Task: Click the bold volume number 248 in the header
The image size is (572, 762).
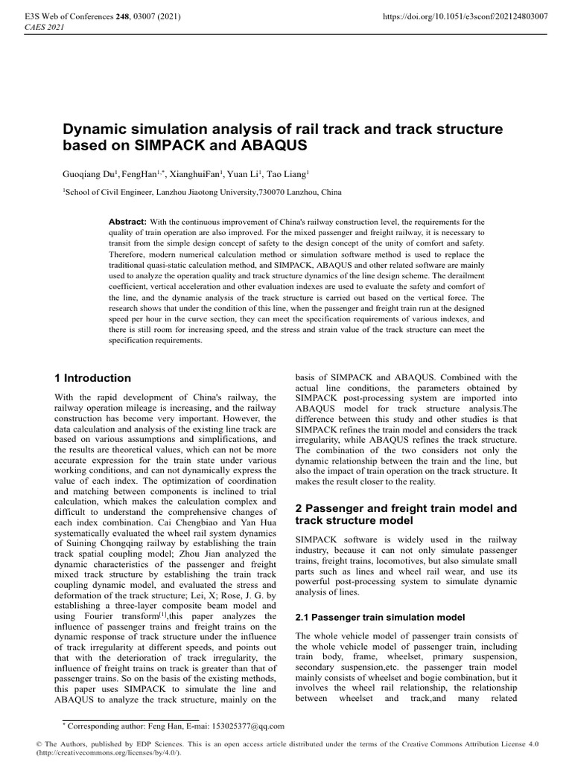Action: click(115, 16)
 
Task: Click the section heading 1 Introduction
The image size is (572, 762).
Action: click(97, 378)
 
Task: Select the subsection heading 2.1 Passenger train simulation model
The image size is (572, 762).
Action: click(380, 617)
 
